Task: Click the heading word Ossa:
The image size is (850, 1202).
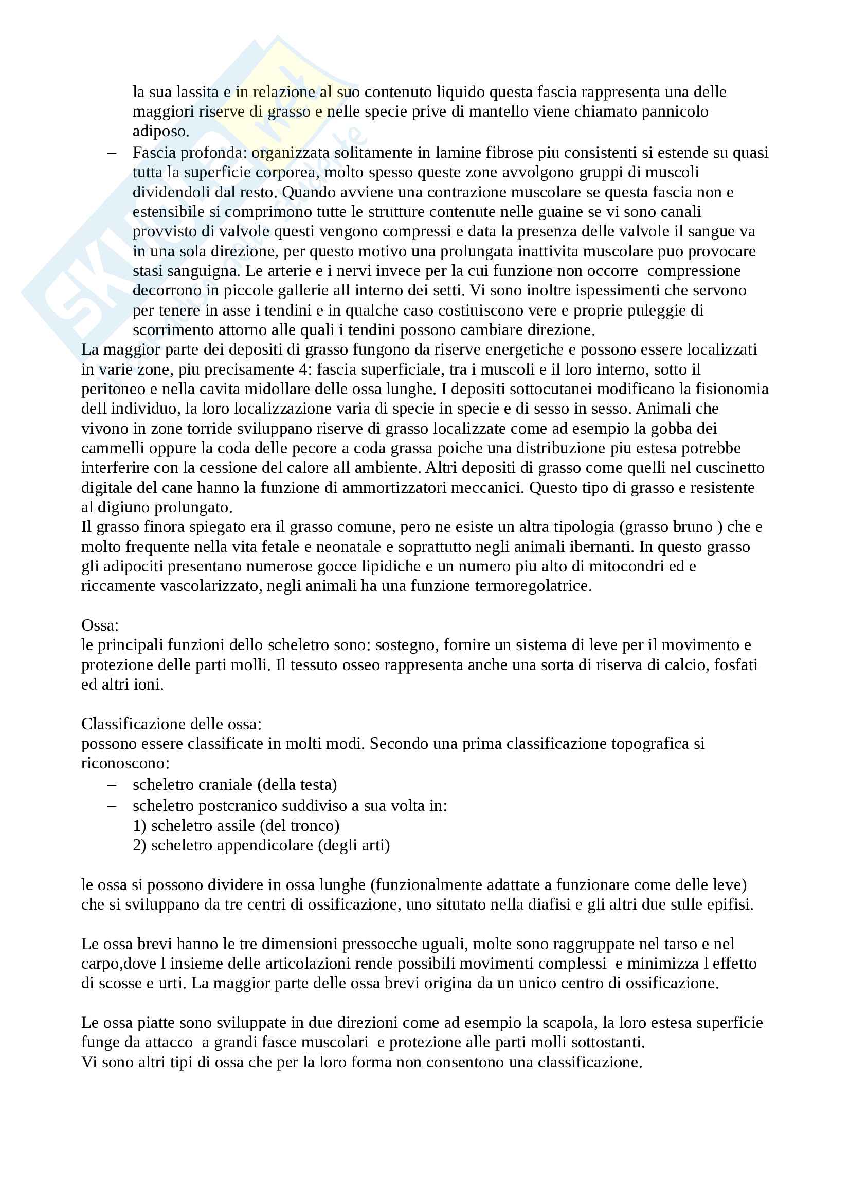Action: pyautogui.click(x=100, y=625)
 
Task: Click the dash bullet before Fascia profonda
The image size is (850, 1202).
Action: pyautogui.click(x=111, y=152)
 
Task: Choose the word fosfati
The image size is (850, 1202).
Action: pyautogui.click(x=735, y=665)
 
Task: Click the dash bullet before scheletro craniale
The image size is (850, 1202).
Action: pyautogui.click(x=111, y=785)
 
